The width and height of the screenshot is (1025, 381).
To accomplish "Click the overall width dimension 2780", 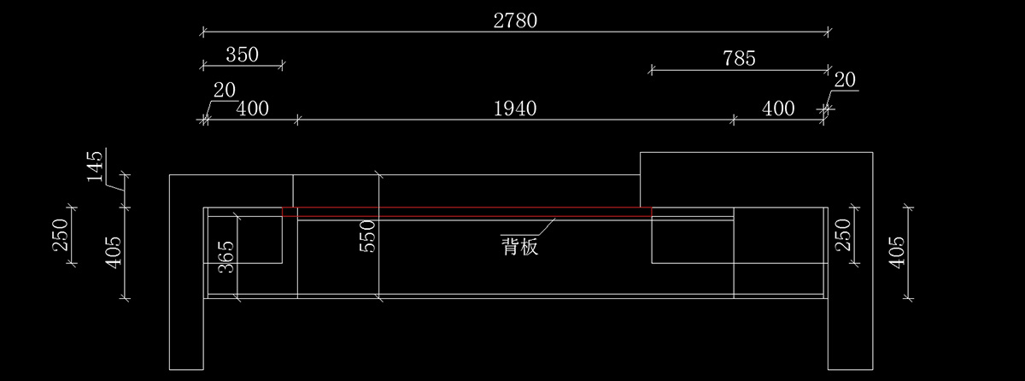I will coord(515,20).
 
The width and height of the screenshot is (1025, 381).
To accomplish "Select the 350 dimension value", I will coord(243,55).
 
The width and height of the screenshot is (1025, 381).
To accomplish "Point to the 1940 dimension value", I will coord(515,108).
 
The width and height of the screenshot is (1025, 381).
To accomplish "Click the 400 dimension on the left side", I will coord(252,108).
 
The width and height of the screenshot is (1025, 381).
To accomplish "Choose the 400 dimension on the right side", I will coord(777,108).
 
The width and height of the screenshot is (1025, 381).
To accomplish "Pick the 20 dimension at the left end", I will coord(225,90).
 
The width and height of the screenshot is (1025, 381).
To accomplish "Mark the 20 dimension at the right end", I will coord(845,80).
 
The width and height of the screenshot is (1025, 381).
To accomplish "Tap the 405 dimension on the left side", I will coord(114,253).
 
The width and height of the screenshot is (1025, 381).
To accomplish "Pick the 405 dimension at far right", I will coord(896,253).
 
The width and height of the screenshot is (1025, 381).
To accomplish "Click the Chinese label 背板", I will coord(518,248).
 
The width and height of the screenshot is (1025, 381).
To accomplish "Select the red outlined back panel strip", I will coord(466,211).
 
